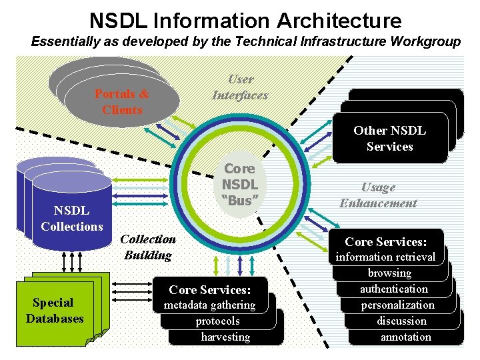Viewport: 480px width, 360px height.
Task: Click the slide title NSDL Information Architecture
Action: click(245, 20)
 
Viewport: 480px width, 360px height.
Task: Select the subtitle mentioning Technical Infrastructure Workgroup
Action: click(245, 42)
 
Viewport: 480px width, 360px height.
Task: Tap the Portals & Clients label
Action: click(122, 102)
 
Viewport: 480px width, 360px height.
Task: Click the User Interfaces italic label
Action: click(240, 87)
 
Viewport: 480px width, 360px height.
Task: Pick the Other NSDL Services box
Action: click(389, 139)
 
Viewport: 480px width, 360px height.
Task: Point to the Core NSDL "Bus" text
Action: click(240, 184)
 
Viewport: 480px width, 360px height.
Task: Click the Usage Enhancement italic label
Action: click(378, 195)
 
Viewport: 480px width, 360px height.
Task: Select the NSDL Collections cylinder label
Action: click(71, 219)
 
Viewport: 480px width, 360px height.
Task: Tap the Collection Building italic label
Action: click(149, 247)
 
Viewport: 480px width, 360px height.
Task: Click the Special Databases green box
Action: click(55, 311)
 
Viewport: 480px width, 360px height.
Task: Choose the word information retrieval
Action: click(385, 257)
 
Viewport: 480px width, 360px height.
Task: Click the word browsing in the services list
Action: click(389, 273)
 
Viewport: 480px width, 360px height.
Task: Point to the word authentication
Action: click(394, 289)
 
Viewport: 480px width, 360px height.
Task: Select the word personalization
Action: click(398, 305)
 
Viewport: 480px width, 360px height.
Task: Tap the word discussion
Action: click(401, 321)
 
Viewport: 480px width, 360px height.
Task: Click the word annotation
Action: click(405, 337)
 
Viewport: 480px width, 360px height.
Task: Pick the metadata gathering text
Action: click(209, 305)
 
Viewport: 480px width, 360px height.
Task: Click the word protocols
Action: click(217, 321)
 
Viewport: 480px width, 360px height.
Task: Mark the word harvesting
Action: click(225, 337)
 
